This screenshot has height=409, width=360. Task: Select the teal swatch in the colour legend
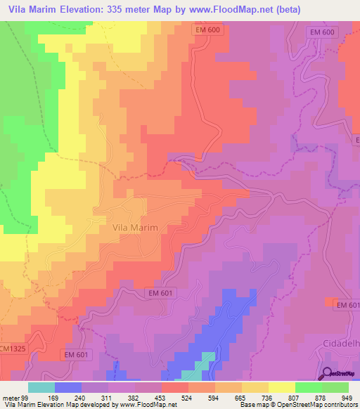pyautogui.click(x=41, y=387)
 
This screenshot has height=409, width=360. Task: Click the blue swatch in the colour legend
pyautogui.click(x=68, y=387)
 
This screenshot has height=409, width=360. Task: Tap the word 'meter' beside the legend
pyautogui.click(x=9, y=398)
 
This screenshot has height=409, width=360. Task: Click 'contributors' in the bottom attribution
pyautogui.click(x=337, y=405)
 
